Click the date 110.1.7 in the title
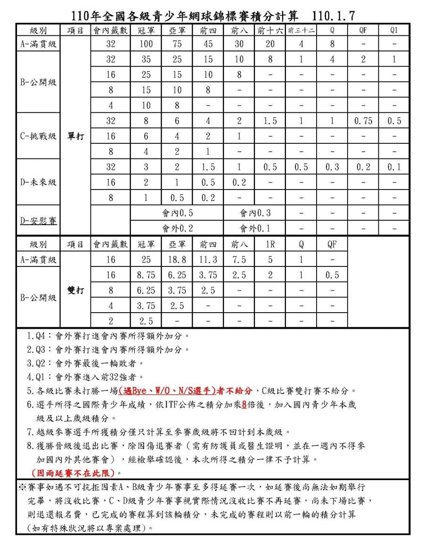point(334,17)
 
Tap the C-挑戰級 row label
point(38,136)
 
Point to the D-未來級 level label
point(38,182)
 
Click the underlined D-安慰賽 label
point(38,220)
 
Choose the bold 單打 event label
point(75,136)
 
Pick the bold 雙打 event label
point(75,290)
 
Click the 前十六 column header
point(270,31)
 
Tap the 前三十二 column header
point(301,31)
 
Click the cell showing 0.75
point(363,121)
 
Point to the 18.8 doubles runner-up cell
point(177,259)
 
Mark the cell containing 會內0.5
point(177,213)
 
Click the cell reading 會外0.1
point(255,228)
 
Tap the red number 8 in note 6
point(245,404)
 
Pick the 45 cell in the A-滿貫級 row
point(208,44)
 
